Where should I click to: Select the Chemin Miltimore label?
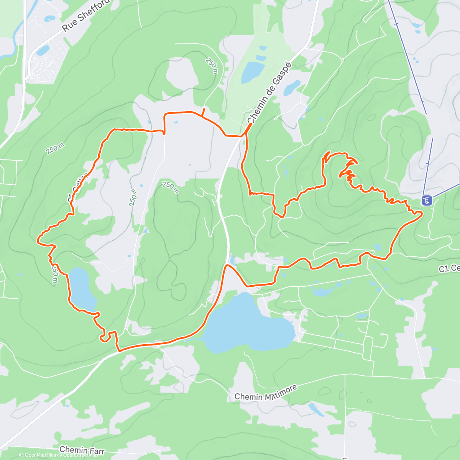click(265, 394)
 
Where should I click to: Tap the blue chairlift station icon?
click(427, 200)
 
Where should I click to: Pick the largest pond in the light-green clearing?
click(252, 72)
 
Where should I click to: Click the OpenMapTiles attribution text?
click(38, 455)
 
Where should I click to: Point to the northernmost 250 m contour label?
click(211, 66)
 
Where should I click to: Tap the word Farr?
click(97, 452)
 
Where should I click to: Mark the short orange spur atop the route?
click(203, 112)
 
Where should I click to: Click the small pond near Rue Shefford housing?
click(43, 50)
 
